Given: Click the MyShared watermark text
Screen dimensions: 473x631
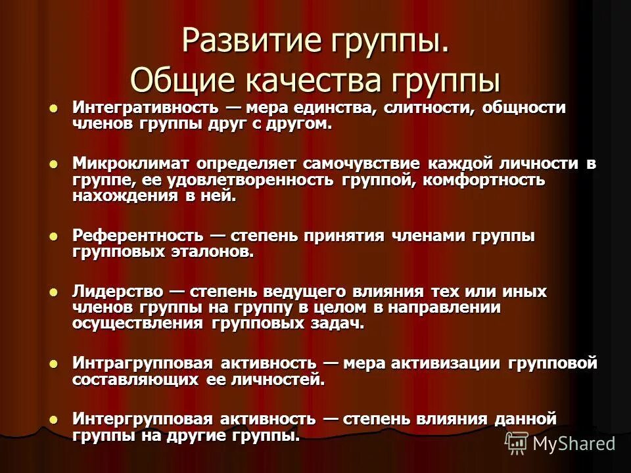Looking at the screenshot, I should (574, 443).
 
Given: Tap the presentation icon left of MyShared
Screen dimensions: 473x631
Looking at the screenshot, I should (516, 443).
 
